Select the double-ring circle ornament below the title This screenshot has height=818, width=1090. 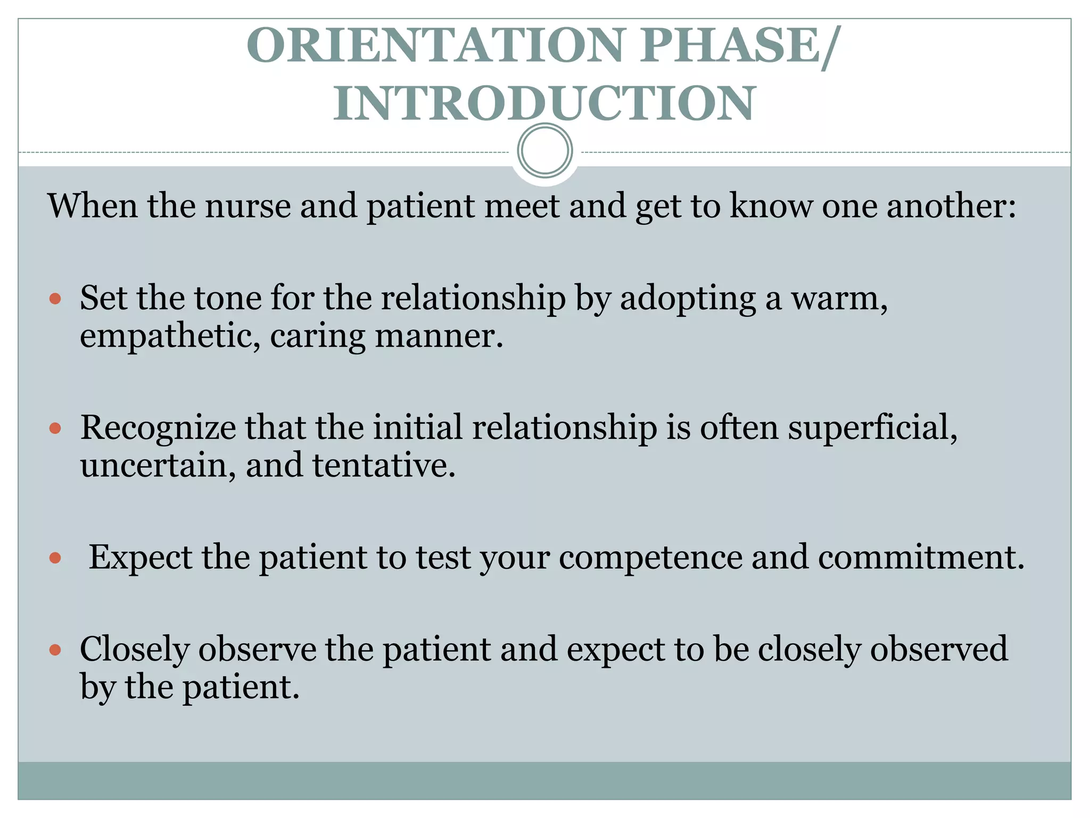point(544,151)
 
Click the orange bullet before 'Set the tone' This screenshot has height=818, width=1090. point(55,298)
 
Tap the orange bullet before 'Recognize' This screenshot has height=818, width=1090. point(55,428)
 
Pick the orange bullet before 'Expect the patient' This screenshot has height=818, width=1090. point(55,558)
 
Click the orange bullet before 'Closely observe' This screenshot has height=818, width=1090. point(55,650)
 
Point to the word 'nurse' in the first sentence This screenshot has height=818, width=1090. point(247,206)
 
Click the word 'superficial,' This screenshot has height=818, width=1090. point(872,428)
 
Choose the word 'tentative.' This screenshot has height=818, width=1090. point(384,466)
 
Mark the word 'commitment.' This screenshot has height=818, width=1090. point(921,558)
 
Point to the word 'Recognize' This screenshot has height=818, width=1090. point(158,428)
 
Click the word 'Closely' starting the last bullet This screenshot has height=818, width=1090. point(135,650)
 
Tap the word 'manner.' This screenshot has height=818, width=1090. point(439,337)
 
